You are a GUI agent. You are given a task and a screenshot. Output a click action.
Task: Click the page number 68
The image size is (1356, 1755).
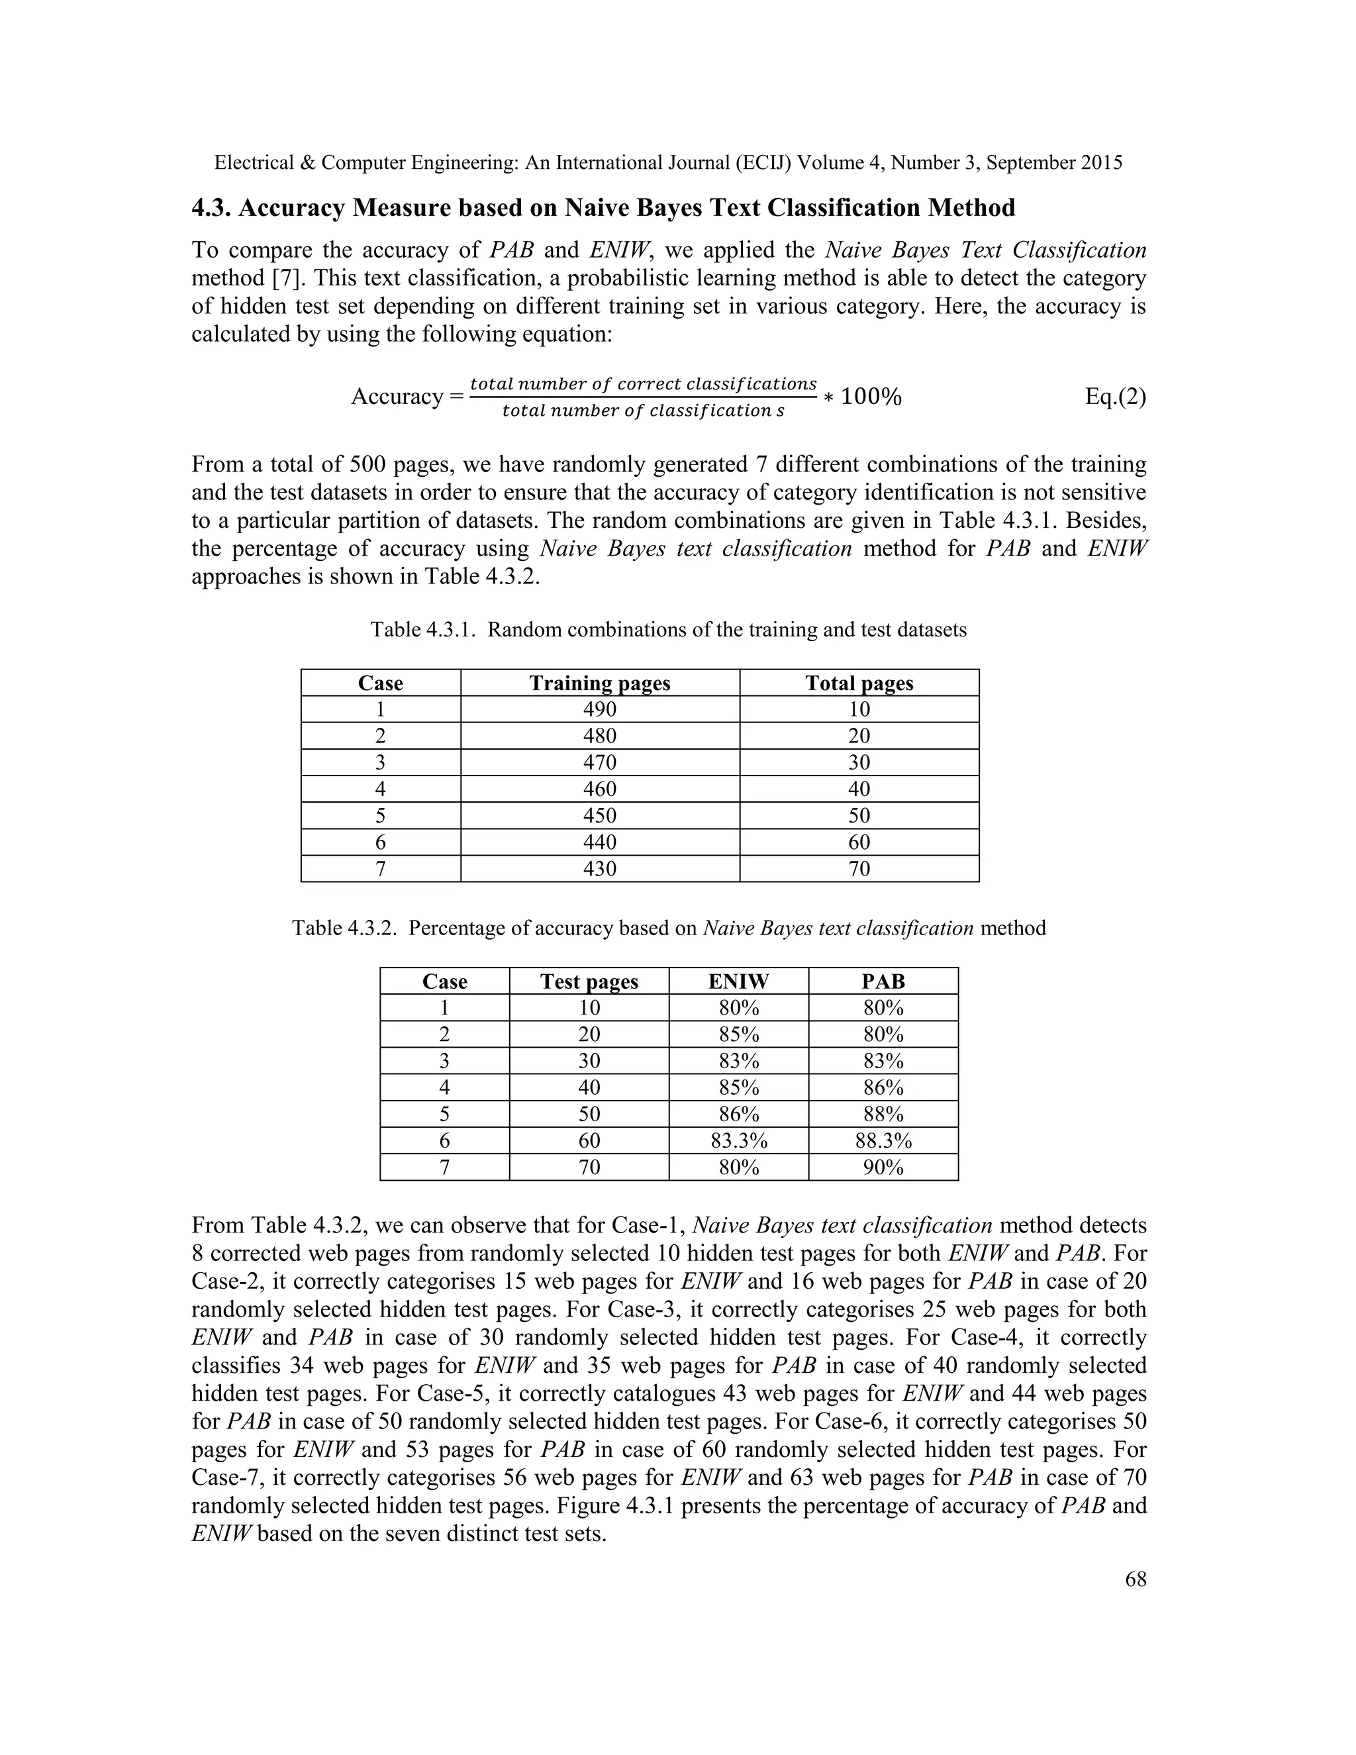pyautogui.click(x=1135, y=1579)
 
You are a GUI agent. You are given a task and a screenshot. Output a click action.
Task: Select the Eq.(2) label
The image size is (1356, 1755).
pyautogui.click(x=1115, y=396)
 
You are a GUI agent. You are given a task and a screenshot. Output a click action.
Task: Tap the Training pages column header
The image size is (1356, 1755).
pyautogui.click(x=599, y=683)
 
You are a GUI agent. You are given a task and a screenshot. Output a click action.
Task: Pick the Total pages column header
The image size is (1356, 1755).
pyautogui.click(x=859, y=683)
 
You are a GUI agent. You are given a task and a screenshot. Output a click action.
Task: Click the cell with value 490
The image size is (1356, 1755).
pyautogui.click(x=599, y=709)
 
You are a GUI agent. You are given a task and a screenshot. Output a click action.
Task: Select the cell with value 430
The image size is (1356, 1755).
pyautogui.click(x=599, y=869)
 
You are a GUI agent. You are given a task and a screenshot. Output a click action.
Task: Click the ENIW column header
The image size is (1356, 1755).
pyautogui.click(x=738, y=981)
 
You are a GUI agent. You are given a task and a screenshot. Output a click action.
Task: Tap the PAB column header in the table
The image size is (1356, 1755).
pyautogui.click(x=883, y=981)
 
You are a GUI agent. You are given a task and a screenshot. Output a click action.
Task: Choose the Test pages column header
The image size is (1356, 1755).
pyautogui.click(x=589, y=981)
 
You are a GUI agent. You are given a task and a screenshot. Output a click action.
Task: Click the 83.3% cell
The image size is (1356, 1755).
pyautogui.click(x=738, y=1141)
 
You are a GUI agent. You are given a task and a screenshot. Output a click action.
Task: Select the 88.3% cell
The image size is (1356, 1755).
pyautogui.click(x=883, y=1141)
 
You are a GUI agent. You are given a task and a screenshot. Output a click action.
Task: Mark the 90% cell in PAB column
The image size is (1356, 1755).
pyautogui.click(x=883, y=1168)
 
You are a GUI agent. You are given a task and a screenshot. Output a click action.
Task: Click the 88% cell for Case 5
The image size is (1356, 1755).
pyautogui.click(x=883, y=1115)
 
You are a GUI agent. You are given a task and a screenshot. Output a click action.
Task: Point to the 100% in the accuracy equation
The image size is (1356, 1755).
pyautogui.click(x=871, y=396)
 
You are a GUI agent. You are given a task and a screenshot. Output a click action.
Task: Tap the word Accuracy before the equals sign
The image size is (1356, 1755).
pyautogui.click(x=397, y=397)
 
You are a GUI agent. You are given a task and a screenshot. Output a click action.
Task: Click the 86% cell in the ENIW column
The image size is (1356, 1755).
pyautogui.click(x=738, y=1115)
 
